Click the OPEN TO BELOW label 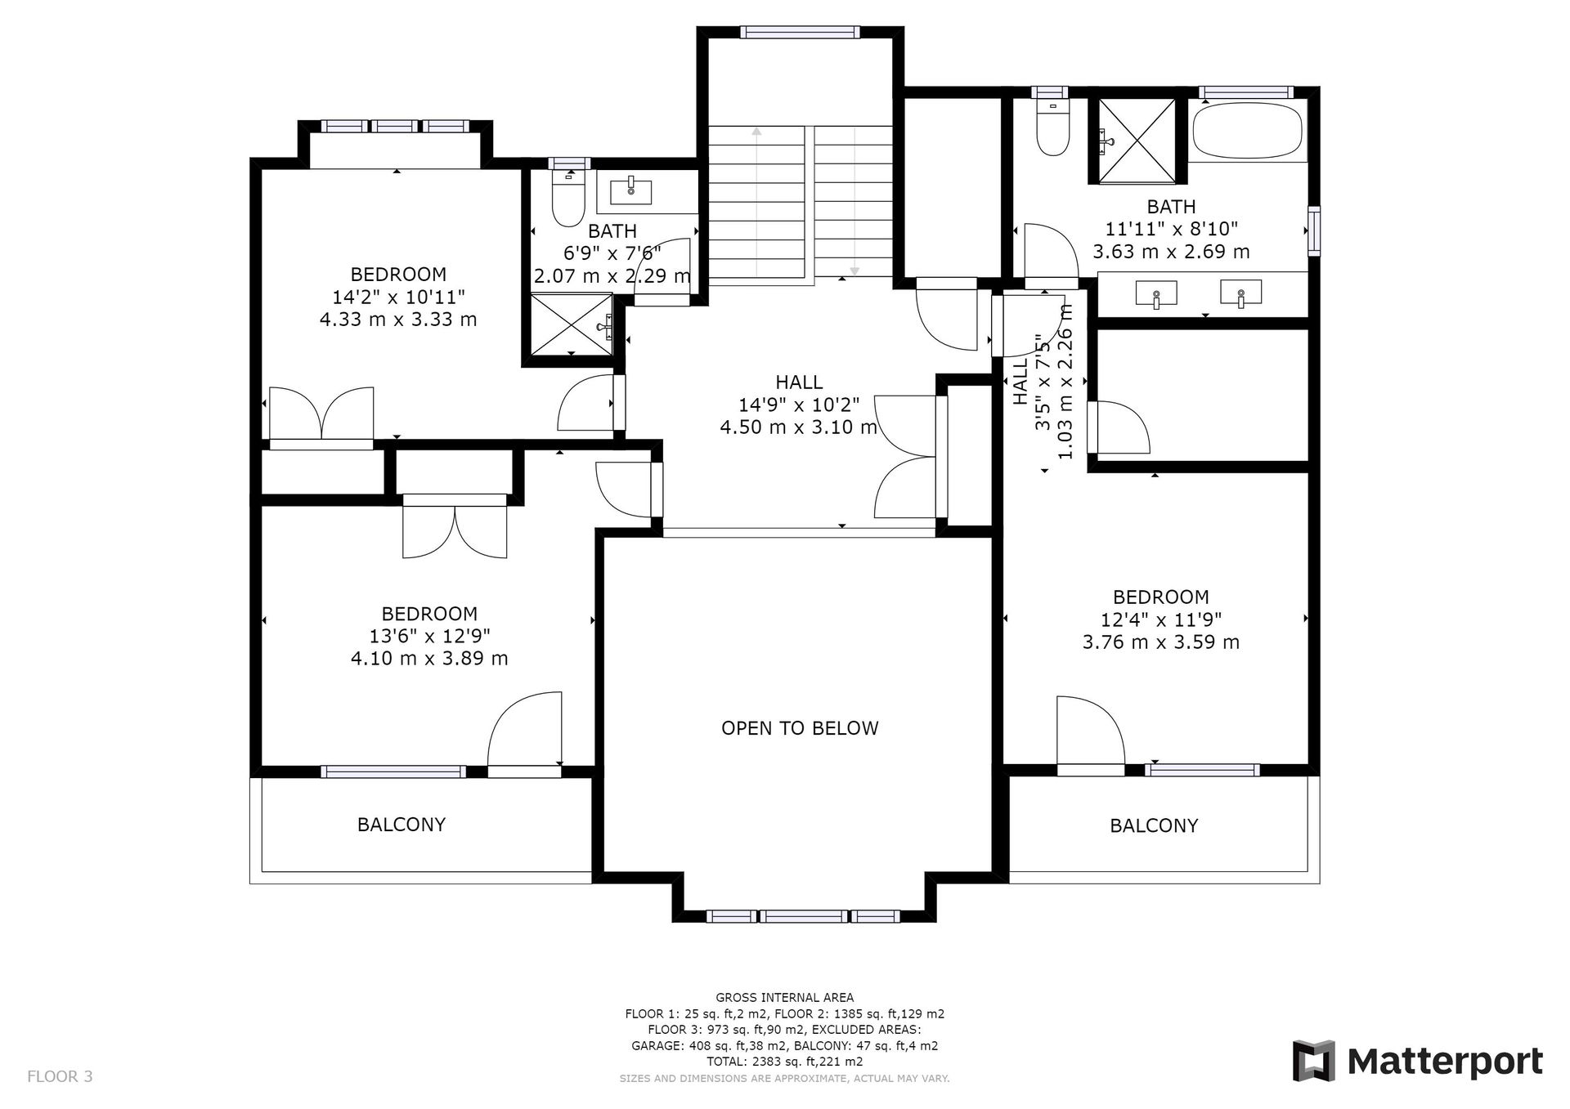click(x=800, y=728)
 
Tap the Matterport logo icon click(x=1313, y=1061)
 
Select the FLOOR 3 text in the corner click(x=60, y=1076)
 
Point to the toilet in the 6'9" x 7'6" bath click(x=568, y=196)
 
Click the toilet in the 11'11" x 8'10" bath click(x=1052, y=127)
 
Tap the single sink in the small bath click(x=631, y=192)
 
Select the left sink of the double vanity click(x=1156, y=293)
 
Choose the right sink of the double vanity click(x=1240, y=293)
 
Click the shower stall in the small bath click(x=572, y=324)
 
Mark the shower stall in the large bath click(x=1137, y=141)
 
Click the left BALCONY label click(x=401, y=825)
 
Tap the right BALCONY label click(x=1154, y=826)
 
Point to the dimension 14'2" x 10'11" click(x=398, y=297)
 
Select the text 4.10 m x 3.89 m click(x=429, y=659)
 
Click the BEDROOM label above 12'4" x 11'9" click(x=1161, y=597)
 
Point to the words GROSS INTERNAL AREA click(x=785, y=997)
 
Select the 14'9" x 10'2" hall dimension click(x=799, y=405)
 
